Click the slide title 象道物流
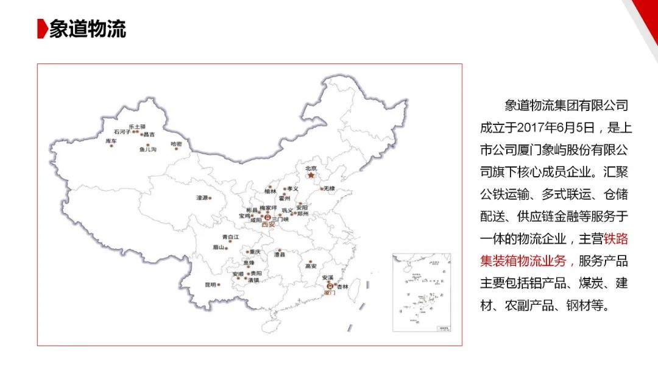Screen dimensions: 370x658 point(87,29)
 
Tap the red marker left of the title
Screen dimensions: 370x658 point(41,29)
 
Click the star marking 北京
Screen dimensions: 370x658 point(311,176)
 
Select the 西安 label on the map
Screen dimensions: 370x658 point(268,224)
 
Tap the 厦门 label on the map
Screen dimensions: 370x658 point(329,293)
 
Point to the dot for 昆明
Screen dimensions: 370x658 point(218,285)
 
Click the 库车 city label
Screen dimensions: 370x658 point(111,141)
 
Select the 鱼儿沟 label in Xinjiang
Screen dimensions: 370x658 point(148,149)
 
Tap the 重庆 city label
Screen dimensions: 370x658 point(255,252)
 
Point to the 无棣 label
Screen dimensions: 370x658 point(329,188)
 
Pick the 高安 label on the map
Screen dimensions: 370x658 point(311,266)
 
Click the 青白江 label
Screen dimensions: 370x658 point(230,237)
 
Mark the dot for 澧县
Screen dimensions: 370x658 point(280,250)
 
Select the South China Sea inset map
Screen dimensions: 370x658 point(422,293)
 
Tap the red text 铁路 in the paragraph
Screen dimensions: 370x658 point(615,239)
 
